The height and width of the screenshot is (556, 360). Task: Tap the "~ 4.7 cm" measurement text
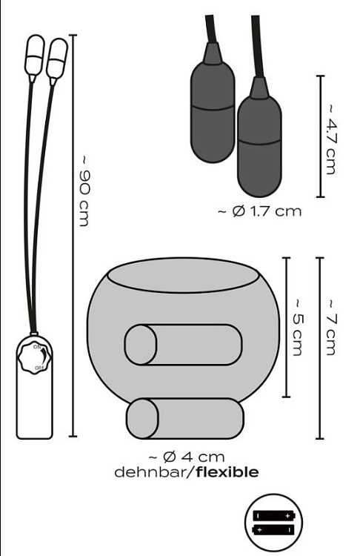[x=330, y=137]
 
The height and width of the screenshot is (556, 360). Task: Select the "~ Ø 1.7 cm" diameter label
[x=260, y=211]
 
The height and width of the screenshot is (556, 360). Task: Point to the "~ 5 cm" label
[x=297, y=327]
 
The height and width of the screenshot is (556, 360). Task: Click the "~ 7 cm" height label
[x=330, y=327]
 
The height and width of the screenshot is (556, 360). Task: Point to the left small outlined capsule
[x=35, y=58]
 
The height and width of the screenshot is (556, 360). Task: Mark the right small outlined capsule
[x=57, y=59]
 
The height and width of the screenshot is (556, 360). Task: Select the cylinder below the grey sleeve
[x=185, y=417]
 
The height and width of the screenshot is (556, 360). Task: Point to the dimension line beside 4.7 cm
[x=319, y=136]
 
